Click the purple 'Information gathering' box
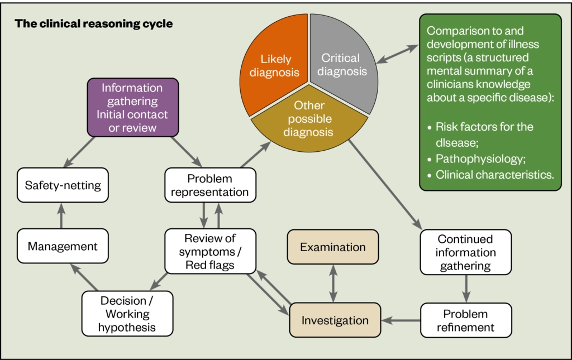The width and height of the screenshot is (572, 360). pos(132,108)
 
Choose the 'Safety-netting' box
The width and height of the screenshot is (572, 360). pos(62,184)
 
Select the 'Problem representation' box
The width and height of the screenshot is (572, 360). pos(210,185)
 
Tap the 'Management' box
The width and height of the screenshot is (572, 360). pos(62,246)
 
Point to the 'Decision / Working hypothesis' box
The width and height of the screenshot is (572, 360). pos(127,313)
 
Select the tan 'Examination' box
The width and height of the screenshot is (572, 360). pos(333,247)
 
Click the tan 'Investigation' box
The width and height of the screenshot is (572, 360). pos(335,320)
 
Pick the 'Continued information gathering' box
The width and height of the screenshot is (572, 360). pos(465,252)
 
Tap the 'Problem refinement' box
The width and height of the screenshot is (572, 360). pos(465,320)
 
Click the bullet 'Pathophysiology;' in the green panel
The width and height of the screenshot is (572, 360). pos(479,159)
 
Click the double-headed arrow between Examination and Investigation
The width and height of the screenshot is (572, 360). pos(333,284)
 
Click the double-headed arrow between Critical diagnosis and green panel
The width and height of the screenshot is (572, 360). pos(397,54)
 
